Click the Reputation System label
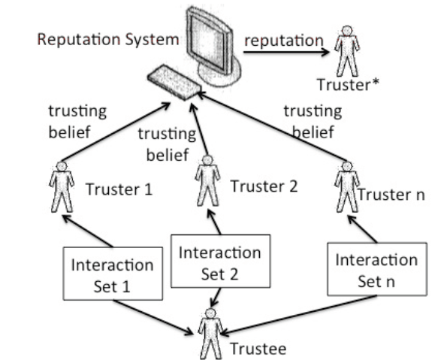108,39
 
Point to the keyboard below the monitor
174,83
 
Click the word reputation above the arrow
284,41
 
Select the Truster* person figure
347,51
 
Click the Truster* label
348,85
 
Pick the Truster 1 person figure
62,187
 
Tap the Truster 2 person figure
207,180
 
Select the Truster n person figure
347,187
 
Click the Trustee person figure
210,334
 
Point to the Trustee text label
258,349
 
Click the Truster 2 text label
264,186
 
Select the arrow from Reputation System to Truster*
286,52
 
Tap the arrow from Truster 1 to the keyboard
115,132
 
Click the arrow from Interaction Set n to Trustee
298,315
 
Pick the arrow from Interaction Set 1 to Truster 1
87,231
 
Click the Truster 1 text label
119,189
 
